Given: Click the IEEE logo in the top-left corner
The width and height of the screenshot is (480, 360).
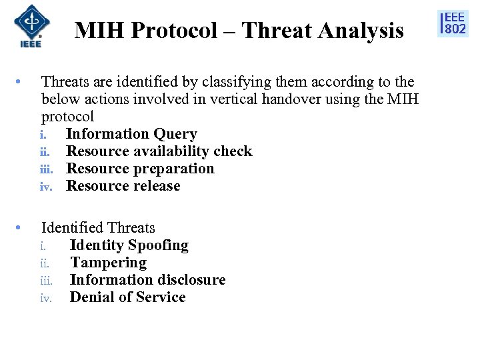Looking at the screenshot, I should tap(27, 26).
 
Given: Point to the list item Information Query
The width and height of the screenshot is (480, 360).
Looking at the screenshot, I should tap(131, 134).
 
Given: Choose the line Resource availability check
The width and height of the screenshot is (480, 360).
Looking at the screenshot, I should tap(159, 151).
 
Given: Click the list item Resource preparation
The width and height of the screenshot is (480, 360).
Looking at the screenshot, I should tap(140, 169).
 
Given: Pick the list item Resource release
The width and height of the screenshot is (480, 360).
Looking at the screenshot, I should tap(123, 186).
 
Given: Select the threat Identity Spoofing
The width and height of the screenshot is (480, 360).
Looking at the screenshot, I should tap(129, 245).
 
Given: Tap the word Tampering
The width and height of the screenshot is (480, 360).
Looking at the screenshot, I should tap(108, 263).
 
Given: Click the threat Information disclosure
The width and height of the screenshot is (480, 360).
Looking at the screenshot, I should tap(147, 280).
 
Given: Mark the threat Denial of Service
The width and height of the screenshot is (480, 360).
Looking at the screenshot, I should tap(127, 297).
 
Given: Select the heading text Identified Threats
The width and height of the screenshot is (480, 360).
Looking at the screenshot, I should tap(98, 228).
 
